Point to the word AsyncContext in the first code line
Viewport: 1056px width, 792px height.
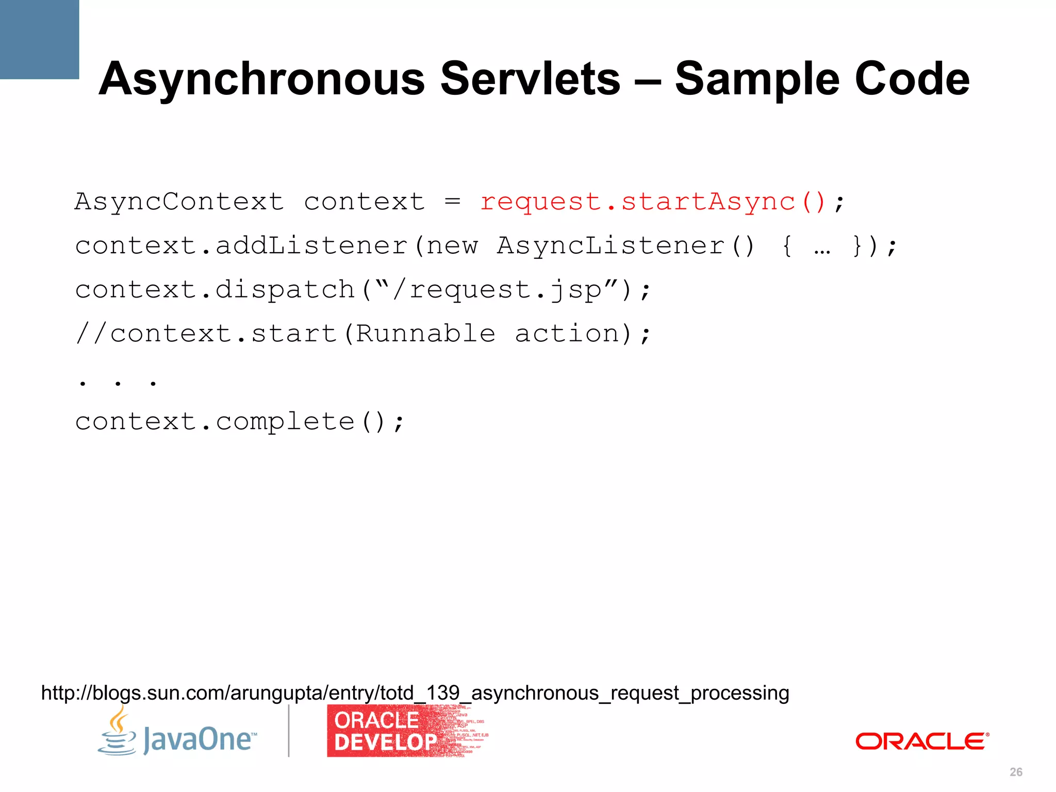click(179, 202)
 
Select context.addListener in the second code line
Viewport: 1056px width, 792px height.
click(241, 245)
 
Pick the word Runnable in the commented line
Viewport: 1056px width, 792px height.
click(425, 334)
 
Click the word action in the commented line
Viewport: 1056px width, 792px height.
click(567, 334)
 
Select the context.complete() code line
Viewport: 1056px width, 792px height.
click(239, 422)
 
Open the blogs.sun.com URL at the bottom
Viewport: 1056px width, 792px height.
click(415, 692)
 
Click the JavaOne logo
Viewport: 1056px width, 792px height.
click(177, 735)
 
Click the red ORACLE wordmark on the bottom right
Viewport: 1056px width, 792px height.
click(921, 741)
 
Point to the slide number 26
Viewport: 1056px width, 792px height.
click(1016, 772)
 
